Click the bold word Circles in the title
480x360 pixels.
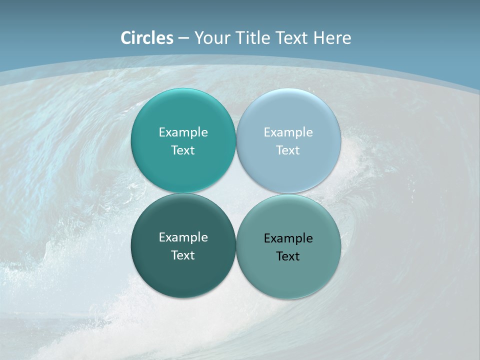146,38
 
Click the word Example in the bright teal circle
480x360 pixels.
183,132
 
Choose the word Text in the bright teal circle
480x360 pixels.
183,150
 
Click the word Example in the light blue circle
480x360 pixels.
288,132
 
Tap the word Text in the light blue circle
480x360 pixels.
288,150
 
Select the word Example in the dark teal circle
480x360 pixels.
183,237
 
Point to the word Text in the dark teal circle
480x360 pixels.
183,255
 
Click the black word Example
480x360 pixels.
288,238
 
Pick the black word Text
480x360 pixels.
288,256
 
